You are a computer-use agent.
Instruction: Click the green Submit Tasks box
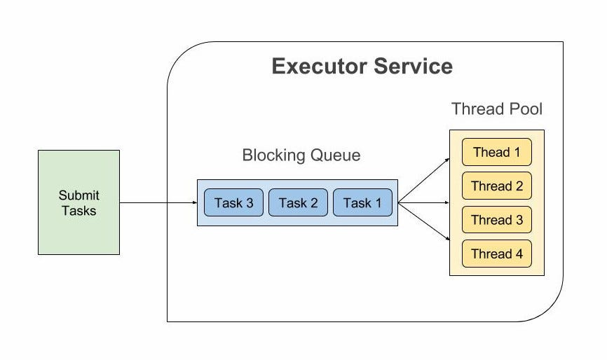pos(79,202)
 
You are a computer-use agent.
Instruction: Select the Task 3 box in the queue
pos(233,202)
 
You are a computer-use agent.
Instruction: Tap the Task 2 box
pos(298,202)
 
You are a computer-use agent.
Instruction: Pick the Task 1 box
pos(362,202)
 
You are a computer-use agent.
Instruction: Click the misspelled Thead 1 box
pos(496,152)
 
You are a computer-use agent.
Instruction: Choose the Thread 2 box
pos(496,186)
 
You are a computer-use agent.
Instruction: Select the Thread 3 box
pos(496,220)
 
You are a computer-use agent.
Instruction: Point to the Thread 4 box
pos(496,254)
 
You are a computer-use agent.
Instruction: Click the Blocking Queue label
pos(301,155)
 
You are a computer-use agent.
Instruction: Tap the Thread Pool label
pos(496,109)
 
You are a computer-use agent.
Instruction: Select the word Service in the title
pos(414,67)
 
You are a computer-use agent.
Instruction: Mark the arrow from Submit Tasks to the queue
pos(158,203)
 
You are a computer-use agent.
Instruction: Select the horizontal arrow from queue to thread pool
pos(424,203)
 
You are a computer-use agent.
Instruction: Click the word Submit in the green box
pos(79,195)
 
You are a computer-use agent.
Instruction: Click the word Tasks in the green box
pos(79,210)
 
